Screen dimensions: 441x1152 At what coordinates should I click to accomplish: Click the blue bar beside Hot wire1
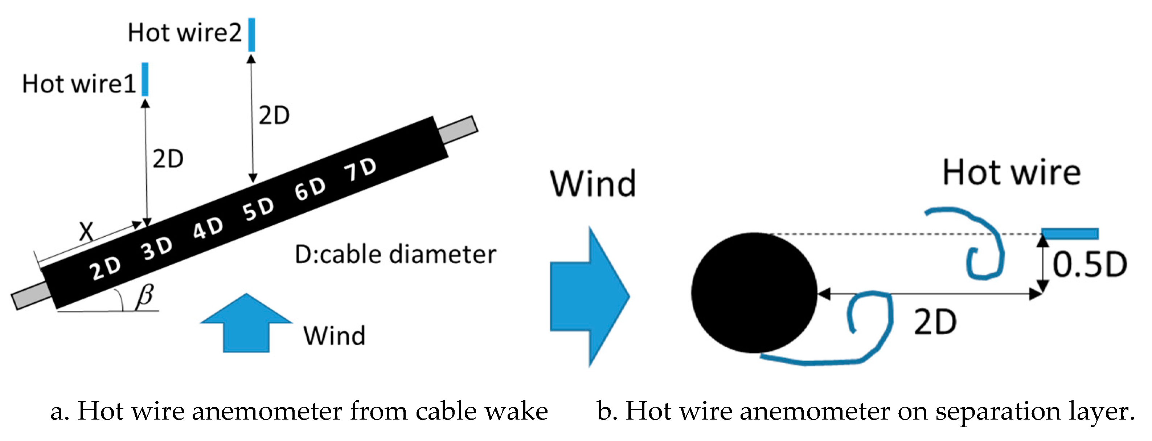[x=145, y=79]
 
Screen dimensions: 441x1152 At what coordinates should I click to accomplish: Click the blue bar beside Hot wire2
[x=252, y=34]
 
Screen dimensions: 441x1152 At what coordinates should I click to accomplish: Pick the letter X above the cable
[x=86, y=231]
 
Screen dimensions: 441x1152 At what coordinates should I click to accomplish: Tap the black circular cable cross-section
[x=754, y=293]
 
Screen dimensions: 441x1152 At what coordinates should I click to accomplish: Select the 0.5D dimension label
[x=1089, y=265]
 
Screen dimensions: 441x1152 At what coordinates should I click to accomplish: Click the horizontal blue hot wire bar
[x=1070, y=233]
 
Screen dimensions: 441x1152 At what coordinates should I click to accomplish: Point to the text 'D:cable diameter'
[x=395, y=254]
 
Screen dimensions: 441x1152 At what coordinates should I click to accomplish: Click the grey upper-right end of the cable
[x=458, y=130]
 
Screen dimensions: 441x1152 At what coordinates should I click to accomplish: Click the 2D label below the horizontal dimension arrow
[x=935, y=322]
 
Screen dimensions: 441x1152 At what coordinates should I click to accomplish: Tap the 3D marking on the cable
[x=157, y=248]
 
